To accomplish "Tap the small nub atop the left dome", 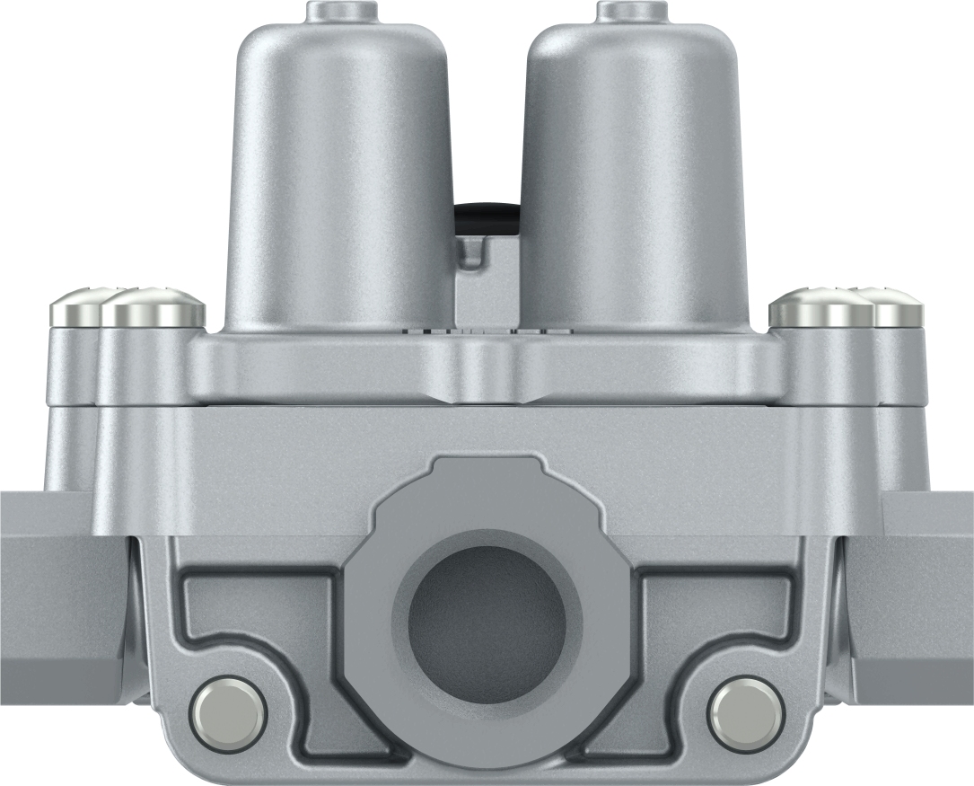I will tap(339, 11).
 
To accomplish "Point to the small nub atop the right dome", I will tap(632, 11).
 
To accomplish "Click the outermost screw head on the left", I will tap(76, 309).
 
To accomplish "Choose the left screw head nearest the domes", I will tap(154, 307).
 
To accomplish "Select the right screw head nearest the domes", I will tap(819, 307).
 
